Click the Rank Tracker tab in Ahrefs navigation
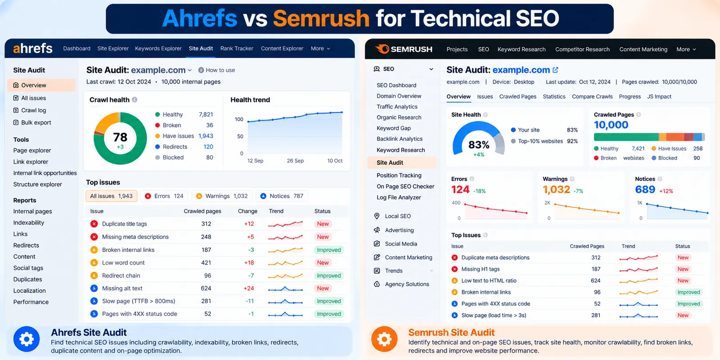coord(237,49)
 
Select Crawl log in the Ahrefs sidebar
coord(33,110)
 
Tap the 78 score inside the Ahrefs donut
coord(120,137)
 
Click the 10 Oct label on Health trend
coord(335,161)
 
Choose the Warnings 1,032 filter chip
coord(222,196)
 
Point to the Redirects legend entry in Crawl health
coord(175,147)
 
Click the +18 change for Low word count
coord(249,263)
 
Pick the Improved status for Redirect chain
coord(328,275)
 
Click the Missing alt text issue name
coord(122,288)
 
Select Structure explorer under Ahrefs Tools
coord(38,184)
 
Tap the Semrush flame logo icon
coord(382,49)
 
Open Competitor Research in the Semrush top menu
coord(582,49)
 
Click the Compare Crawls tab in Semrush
coord(592,97)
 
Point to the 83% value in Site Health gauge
coord(479,145)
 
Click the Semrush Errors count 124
coord(460,189)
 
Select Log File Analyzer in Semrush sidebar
coord(399,198)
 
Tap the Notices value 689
coord(645,189)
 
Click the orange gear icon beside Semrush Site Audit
coord(384,339)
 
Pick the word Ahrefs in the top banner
coord(200,18)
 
